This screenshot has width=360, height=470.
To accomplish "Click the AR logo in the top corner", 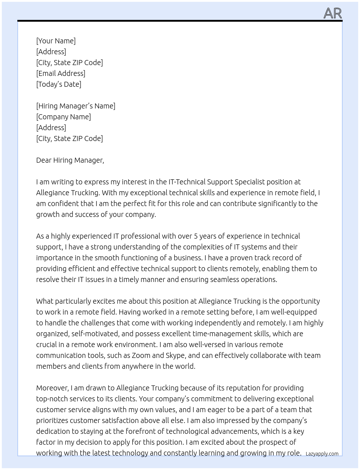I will [333, 13].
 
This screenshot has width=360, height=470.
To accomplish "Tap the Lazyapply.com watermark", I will [322, 454].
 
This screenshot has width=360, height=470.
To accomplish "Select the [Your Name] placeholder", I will [56, 41].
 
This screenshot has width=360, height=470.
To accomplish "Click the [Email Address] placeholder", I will [61, 73].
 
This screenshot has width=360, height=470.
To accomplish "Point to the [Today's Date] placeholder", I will [59, 84].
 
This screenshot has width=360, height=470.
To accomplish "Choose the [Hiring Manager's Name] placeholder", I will [76, 106].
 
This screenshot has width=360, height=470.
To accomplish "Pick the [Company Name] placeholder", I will [64, 117].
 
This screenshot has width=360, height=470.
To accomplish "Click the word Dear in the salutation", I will [44, 160].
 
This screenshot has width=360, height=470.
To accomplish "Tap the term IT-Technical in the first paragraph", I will [188, 182].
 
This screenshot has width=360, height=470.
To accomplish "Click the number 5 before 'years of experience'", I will [196, 236].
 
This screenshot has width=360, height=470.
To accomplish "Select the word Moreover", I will [52, 388].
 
